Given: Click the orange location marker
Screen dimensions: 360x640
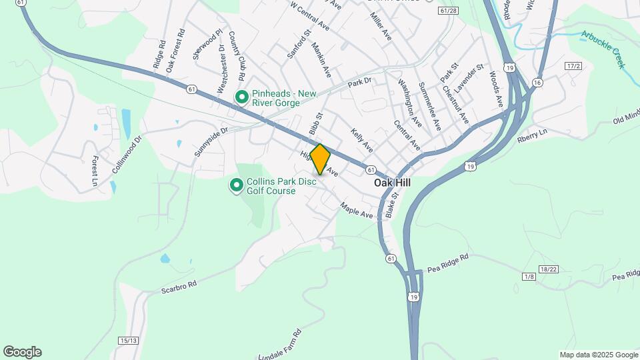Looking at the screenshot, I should (x=321, y=159).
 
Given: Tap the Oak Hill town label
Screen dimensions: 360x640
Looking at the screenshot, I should (x=392, y=183).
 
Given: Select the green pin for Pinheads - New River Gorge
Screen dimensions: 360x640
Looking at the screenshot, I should (x=241, y=98).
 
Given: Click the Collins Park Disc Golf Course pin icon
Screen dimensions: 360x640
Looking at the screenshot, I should (x=236, y=185).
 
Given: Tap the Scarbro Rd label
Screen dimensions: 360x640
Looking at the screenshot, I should (x=179, y=287).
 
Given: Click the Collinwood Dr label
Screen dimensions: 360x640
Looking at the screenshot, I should (x=127, y=155).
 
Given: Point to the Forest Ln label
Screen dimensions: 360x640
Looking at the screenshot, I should (x=95, y=171).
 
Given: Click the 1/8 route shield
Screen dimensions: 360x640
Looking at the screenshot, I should (x=529, y=277).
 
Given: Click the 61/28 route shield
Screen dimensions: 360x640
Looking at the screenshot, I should (x=449, y=11).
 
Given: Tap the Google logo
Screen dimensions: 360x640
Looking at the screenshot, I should (x=22, y=352).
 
